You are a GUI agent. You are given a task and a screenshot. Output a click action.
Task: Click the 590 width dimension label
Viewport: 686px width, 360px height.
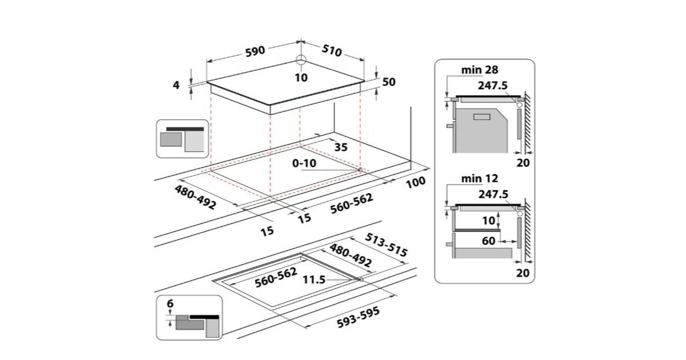(255, 50)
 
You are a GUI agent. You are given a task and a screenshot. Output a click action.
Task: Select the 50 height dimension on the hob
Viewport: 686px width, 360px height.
(389, 82)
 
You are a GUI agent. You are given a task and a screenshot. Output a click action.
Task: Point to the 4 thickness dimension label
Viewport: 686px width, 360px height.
(177, 85)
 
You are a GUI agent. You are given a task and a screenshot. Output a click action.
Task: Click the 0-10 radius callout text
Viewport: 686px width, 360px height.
(304, 163)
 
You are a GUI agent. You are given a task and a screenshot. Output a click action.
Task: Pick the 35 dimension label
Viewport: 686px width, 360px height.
(341, 147)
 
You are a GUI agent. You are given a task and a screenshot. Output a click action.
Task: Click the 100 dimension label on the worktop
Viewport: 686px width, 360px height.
(416, 182)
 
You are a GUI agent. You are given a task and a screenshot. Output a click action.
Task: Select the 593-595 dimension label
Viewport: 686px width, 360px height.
(357, 315)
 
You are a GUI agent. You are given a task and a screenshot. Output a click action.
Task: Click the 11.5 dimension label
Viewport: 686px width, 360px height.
(314, 280)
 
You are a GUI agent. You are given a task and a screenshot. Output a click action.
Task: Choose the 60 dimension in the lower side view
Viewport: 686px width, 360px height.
(488, 241)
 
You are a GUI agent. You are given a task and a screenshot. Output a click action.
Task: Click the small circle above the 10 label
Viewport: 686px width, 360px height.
(301, 61)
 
